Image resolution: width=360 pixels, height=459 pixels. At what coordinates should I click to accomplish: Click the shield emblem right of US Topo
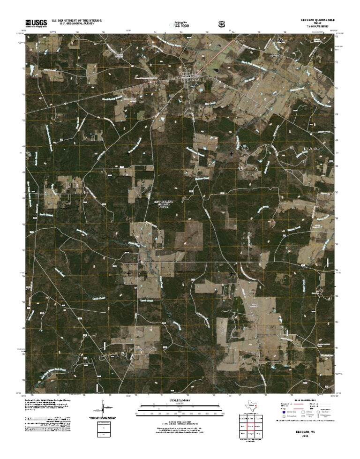click(x=221, y=23)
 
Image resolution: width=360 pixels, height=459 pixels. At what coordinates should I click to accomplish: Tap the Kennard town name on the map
click(x=187, y=75)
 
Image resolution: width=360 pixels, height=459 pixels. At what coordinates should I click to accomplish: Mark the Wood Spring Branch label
click(x=112, y=99)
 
